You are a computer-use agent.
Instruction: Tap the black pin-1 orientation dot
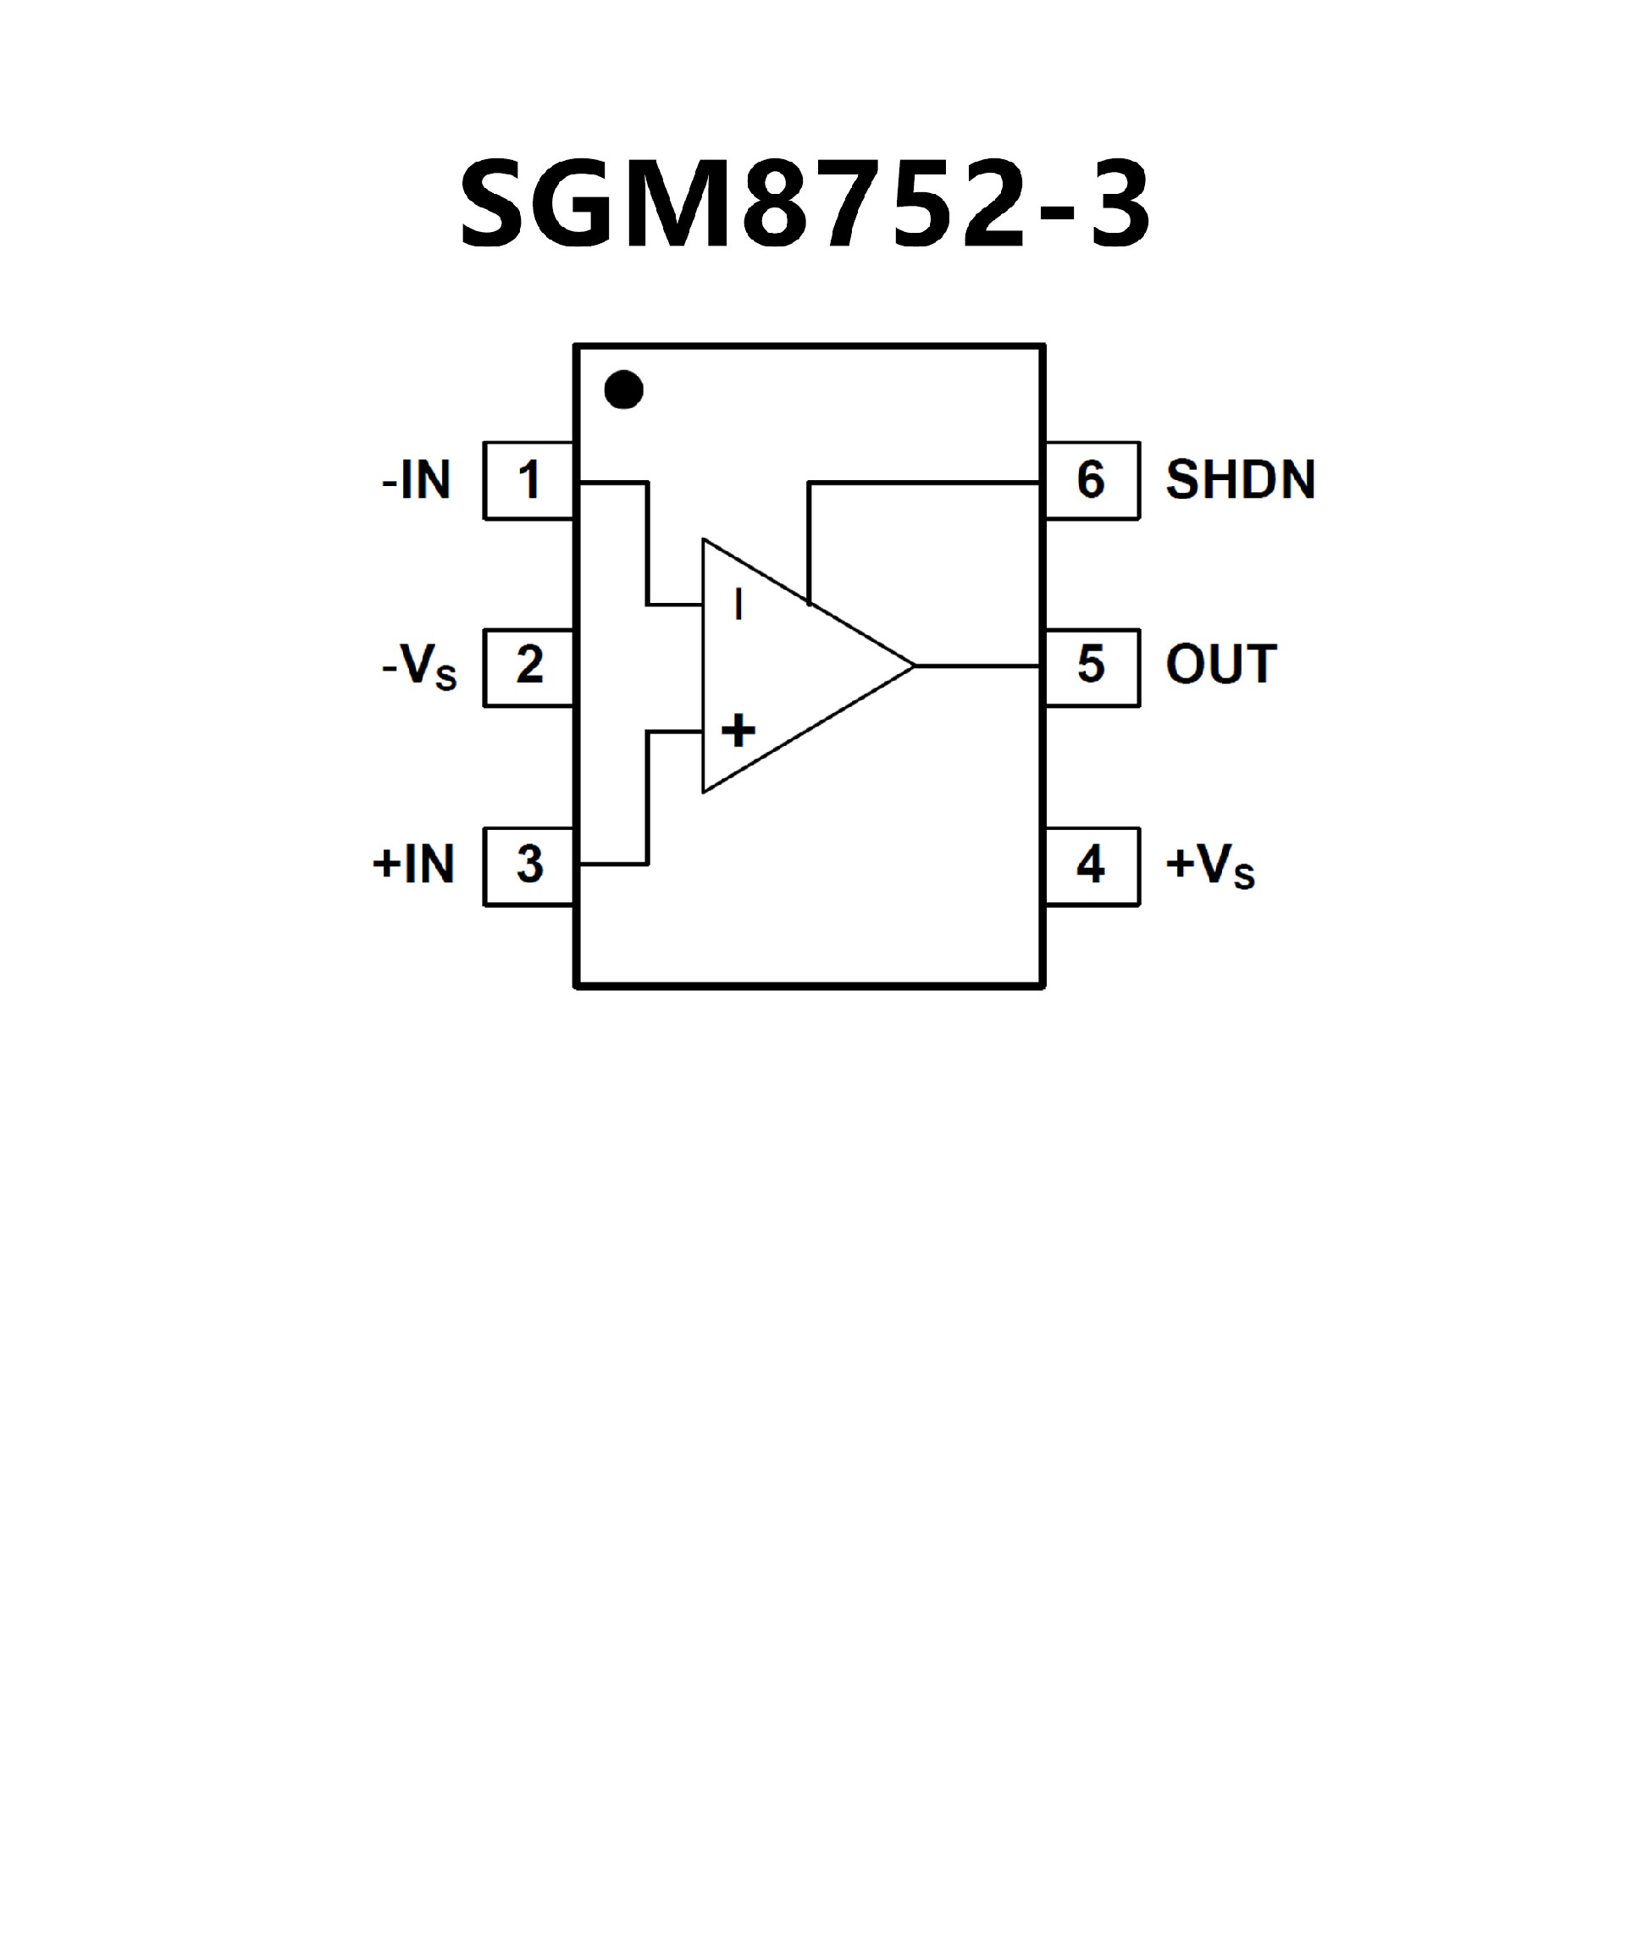pos(623,390)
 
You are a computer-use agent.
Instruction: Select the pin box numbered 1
pos(528,480)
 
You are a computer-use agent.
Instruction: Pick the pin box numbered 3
pos(528,865)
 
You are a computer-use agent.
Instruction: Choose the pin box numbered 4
pos(1091,865)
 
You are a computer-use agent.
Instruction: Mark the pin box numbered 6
pos(1091,480)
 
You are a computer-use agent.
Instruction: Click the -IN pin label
pos(417,481)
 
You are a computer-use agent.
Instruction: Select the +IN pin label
pos(414,865)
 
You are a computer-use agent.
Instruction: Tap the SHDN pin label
pos(1240,480)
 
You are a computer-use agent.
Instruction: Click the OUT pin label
pos(1220,665)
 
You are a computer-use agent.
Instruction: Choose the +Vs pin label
pos(1209,866)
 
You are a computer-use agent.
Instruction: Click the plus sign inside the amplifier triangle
pos(738,731)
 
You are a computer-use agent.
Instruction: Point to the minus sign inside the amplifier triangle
pos(738,605)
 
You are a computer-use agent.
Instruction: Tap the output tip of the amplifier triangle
pos(912,665)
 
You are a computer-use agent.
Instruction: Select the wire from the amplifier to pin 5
pos(977,665)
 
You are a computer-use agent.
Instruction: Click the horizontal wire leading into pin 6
pos(924,482)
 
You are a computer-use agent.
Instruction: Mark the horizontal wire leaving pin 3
pos(613,865)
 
